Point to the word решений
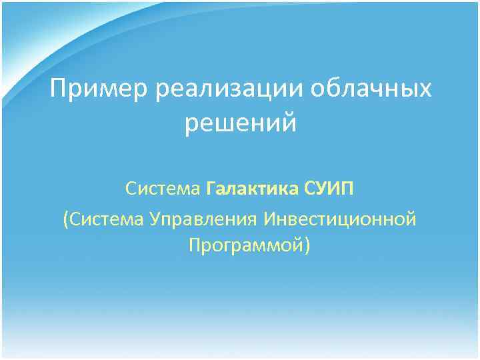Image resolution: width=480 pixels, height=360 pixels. [239, 124]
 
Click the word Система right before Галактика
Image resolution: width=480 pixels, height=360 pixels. [163, 189]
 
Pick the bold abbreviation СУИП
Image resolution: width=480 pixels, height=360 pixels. [329, 189]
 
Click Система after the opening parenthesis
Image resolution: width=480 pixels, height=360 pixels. [106, 219]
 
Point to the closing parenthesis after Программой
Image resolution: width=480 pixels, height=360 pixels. [307, 247]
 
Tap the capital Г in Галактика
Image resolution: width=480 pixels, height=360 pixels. [211, 189]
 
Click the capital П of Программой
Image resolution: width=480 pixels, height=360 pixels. [194, 247]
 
